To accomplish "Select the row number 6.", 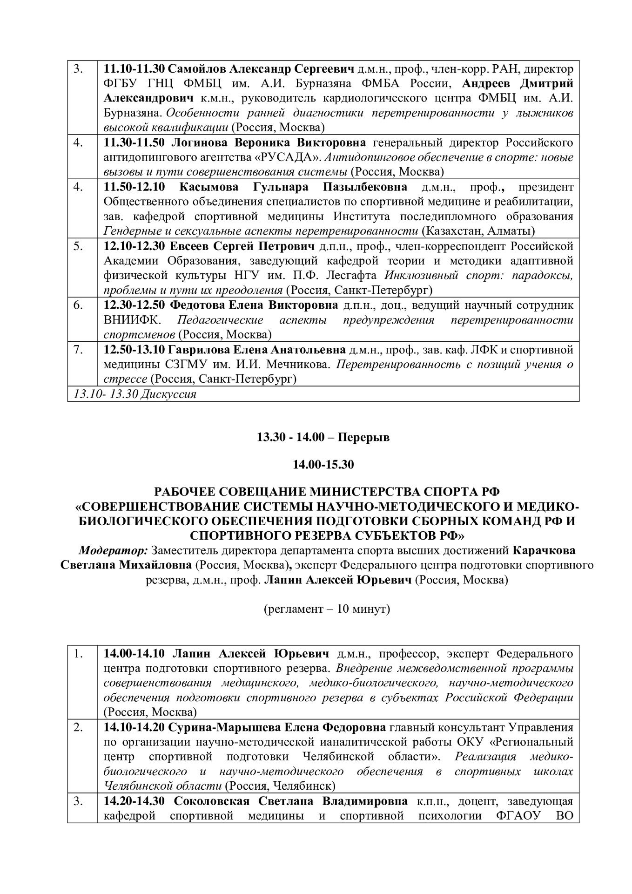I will [x=78, y=305].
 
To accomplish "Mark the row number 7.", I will [x=78, y=350].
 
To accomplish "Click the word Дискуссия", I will [x=168, y=394].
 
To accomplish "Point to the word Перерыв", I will [x=363, y=438].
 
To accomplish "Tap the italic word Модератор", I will [x=113, y=550].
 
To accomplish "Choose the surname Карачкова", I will [x=544, y=550].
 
